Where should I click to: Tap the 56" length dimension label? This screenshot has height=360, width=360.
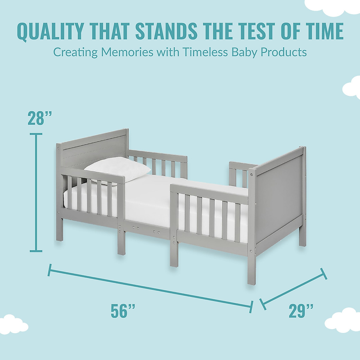123,311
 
